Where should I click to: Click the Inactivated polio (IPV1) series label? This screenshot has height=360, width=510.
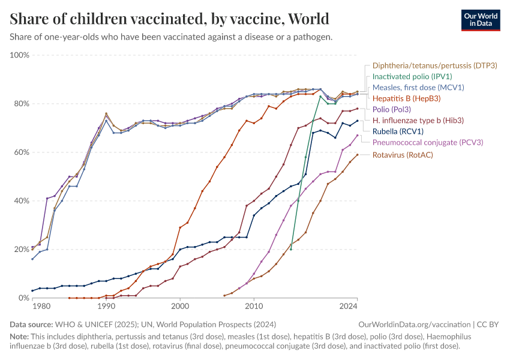click(x=412, y=76)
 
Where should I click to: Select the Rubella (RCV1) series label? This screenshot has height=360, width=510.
click(x=398, y=131)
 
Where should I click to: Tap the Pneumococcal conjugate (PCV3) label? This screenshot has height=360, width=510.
click(x=428, y=142)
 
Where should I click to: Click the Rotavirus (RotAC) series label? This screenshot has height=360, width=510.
click(x=403, y=155)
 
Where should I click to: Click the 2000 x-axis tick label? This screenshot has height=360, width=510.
click(x=180, y=307)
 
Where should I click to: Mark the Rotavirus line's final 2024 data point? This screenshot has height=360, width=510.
click(x=358, y=155)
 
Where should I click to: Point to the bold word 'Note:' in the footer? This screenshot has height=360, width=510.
click(x=20, y=337)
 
